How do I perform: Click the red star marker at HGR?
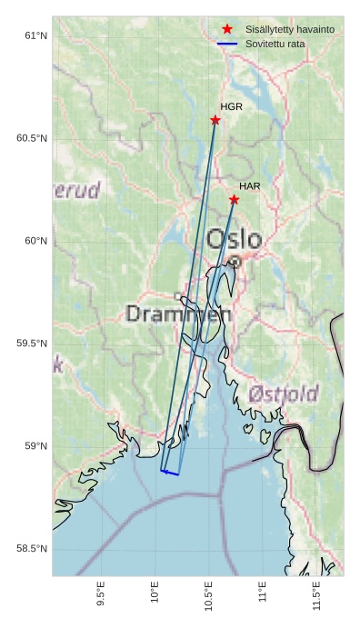[x=215, y=120]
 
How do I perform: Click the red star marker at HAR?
[x=234, y=200]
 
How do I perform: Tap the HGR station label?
[x=231, y=107]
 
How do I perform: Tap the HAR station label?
[x=249, y=186]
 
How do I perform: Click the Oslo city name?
[x=234, y=240]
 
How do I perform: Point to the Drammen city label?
[x=178, y=314]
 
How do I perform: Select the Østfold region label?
[x=283, y=394]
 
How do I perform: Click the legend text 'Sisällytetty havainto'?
[x=289, y=30]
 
